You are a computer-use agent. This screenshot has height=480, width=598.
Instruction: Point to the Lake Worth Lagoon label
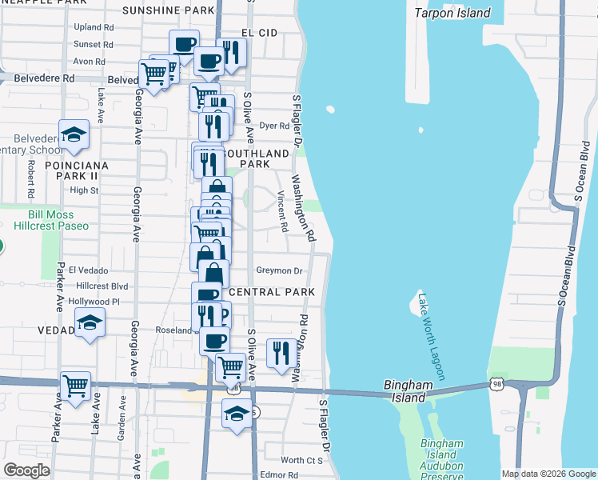pos(430,336)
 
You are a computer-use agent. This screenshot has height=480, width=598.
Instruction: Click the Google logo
pos(26,470)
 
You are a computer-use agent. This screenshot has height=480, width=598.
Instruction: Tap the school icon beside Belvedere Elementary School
pos(74,135)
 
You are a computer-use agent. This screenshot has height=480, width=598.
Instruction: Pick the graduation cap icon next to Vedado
pos(89,324)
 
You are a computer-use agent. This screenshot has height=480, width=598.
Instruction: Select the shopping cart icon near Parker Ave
pos(75,387)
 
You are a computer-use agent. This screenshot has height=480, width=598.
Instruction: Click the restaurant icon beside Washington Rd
pos(280,352)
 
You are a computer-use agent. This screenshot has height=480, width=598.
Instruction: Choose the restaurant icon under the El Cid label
pos(231,54)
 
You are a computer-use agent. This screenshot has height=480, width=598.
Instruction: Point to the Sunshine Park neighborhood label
pos(169,10)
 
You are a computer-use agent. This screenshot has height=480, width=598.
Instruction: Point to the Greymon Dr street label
pos(279,271)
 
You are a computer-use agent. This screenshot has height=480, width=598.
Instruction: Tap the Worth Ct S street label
pos(301,460)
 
